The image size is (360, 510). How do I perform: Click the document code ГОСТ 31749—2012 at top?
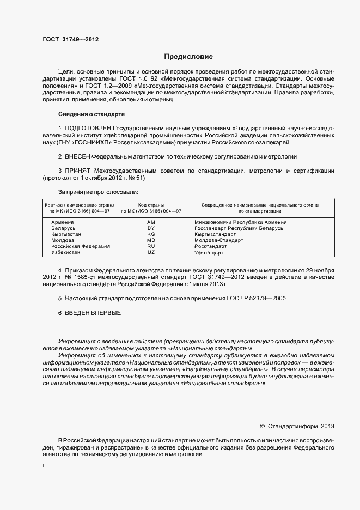pyautogui.click(x=70, y=40)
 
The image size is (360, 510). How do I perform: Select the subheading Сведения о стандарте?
pyautogui.click(x=91, y=114)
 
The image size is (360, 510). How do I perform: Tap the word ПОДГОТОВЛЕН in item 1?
pyautogui.click(x=90, y=128)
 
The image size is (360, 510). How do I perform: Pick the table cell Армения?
pyautogui.click(x=63, y=222)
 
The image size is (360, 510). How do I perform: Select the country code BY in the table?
pyautogui.click(x=151, y=228)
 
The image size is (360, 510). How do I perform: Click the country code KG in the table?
pyautogui.click(x=151, y=234)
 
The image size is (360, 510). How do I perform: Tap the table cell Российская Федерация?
pyautogui.click(x=80, y=246)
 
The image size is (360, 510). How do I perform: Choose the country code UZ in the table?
pyautogui.click(x=151, y=252)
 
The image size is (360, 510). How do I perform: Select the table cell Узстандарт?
pyautogui.click(x=209, y=252)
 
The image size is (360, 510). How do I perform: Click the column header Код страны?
pyautogui.click(x=151, y=204)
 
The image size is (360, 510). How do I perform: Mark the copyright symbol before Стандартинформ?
pyautogui.click(x=263, y=426)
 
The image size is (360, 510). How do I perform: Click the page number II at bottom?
pyautogui.click(x=44, y=466)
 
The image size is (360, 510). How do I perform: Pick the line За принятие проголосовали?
pyautogui.click(x=98, y=192)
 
